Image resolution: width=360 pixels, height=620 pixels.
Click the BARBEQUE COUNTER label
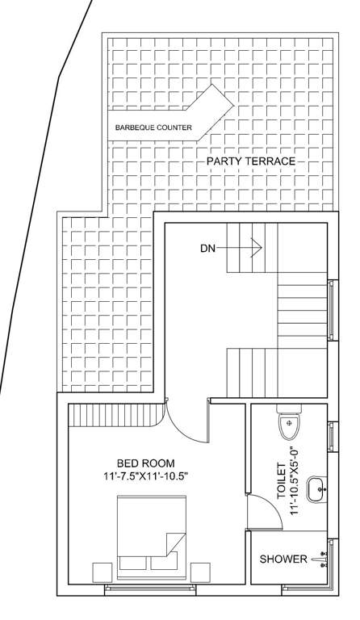(x=153, y=128)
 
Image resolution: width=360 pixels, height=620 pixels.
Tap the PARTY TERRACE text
(x=250, y=161)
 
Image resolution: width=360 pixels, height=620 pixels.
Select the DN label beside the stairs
(x=208, y=249)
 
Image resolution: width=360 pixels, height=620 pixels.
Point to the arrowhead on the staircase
(x=257, y=248)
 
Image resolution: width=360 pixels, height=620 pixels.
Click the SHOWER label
(x=283, y=559)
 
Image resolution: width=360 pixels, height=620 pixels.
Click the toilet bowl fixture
(x=288, y=422)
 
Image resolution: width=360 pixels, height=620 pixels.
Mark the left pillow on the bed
(x=132, y=562)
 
